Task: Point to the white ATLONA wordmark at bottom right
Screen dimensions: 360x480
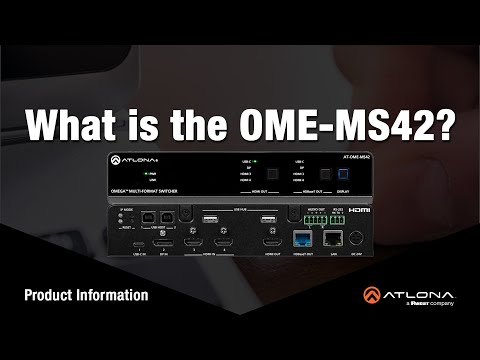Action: pyautogui.click(x=419, y=292)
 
